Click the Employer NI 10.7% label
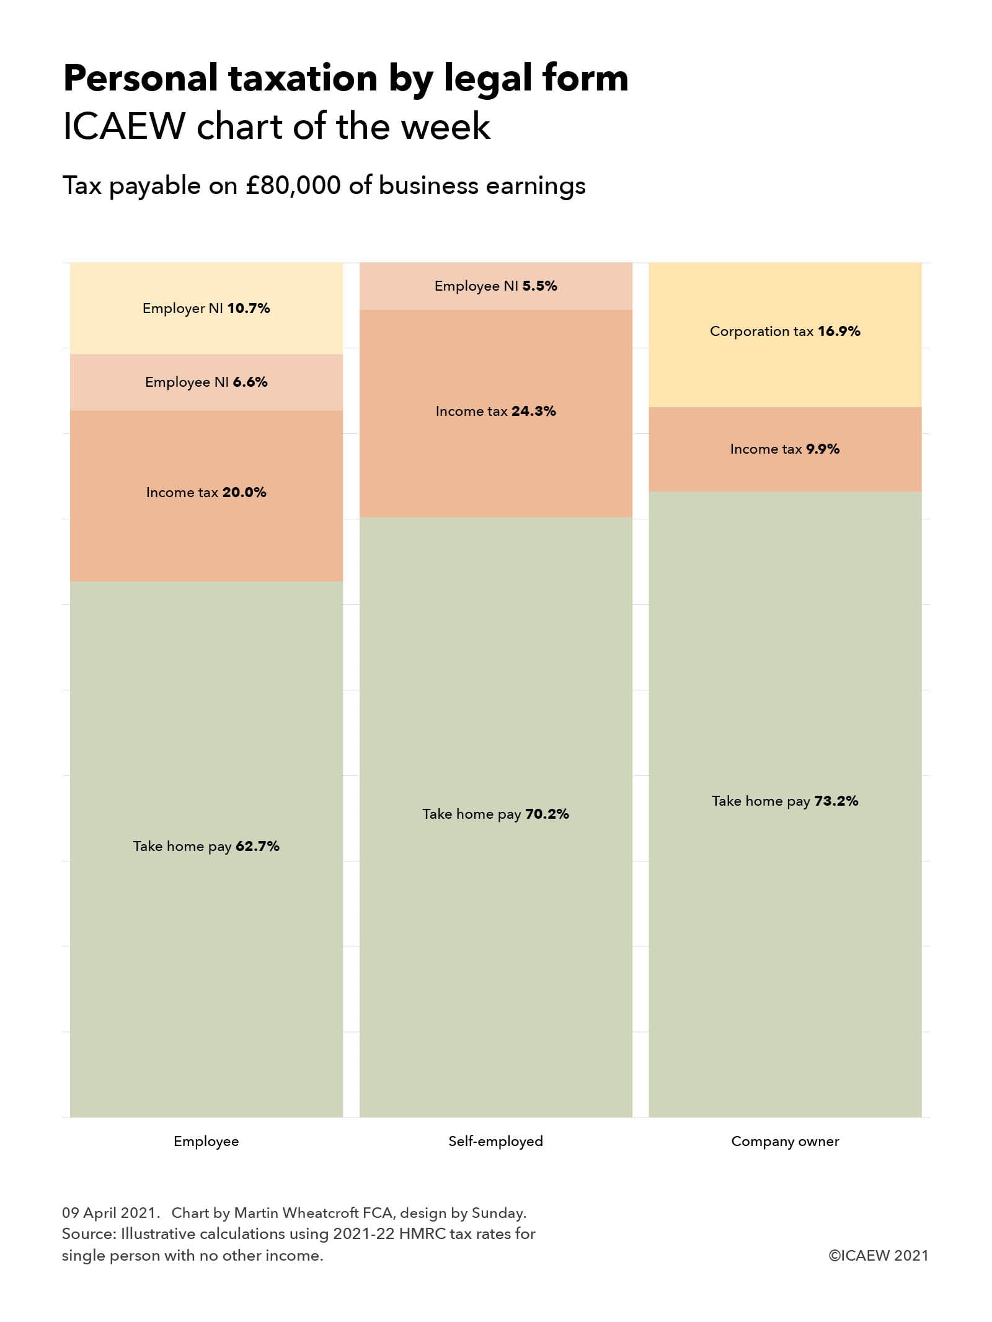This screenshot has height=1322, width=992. coord(206,308)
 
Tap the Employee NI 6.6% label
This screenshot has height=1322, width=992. coord(206,382)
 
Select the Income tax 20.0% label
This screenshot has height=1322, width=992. coord(206,492)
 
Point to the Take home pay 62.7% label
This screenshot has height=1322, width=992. coord(206,846)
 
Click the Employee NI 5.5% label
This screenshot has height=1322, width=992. coord(495,286)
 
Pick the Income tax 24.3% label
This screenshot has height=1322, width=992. coord(495,411)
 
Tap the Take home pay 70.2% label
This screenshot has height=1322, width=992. coord(495,814)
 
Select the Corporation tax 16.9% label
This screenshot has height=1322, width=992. coord(785,331)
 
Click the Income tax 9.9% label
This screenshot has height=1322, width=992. coord(785,449)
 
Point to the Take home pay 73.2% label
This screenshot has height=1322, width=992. coord(785,801)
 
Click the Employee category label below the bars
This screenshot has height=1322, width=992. coord(206,1141)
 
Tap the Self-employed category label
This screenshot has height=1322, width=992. coord(495,1141)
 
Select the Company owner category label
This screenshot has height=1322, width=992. coord(785,1141)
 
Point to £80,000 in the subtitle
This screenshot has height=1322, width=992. coord(293,185)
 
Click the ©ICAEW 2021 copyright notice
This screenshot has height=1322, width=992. coord(879,1255)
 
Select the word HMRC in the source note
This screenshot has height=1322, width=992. coord(422,1233)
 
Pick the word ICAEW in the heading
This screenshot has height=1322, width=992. coord(123,126)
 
